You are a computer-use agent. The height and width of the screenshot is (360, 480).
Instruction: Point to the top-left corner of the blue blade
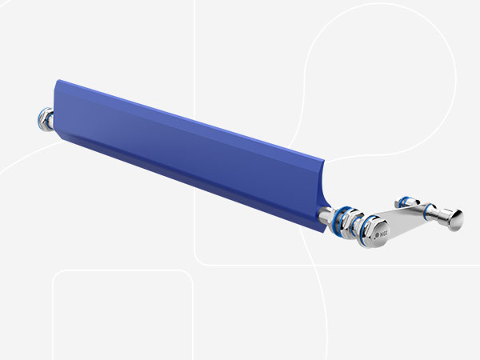point(55,81)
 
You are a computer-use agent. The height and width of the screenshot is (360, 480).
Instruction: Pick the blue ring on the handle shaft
point(426,214)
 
